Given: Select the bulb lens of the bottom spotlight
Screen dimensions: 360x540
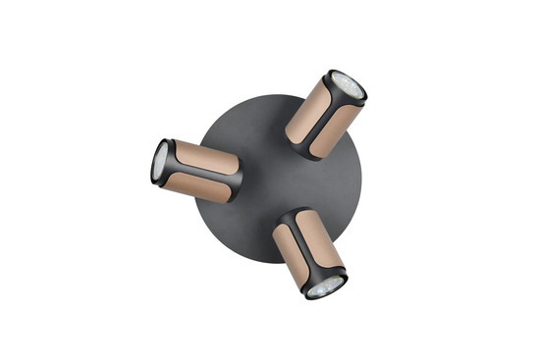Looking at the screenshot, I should click(x=323, y=285).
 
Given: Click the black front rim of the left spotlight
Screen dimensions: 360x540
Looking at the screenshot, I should click(x=154, y=162).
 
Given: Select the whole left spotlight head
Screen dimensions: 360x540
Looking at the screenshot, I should click(x=196, y=169).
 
